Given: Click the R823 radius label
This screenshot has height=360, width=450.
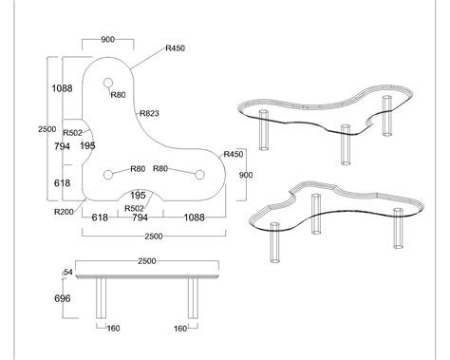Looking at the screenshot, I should click(x=149, y=113).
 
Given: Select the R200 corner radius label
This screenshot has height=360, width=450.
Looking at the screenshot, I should click(x=65, y=211).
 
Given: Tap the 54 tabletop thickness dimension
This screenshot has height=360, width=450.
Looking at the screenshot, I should click(x=67, y=273).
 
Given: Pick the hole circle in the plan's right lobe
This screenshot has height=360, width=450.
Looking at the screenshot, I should click(x=199, y=174).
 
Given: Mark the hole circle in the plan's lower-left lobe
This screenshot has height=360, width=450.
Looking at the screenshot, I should click(x=109, y=174).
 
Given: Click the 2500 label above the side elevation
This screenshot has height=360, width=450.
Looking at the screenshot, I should click(x=147, y=260).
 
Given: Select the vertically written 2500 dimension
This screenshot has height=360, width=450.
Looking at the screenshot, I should click(x=40, y=129).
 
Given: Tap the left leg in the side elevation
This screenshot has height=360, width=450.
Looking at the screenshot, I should click(x=102, y=302).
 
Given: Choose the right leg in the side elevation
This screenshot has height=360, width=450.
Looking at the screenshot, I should click(x=194, y=302).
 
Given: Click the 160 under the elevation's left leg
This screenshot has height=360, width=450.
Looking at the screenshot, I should click(x=114, y=330).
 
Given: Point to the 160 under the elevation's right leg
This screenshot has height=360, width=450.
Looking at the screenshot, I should click(x=180, y=330).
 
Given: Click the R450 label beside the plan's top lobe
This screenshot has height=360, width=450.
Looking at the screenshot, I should click(x=175, y=47).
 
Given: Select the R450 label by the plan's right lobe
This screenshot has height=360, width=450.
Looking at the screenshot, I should click(x=234, y=154).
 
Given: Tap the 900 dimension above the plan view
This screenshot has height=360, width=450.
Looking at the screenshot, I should click(x=107, y=40).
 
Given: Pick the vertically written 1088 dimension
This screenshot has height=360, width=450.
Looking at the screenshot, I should click(x=63, y=88).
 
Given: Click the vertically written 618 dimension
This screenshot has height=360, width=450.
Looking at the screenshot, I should click(x=63, y=182).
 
